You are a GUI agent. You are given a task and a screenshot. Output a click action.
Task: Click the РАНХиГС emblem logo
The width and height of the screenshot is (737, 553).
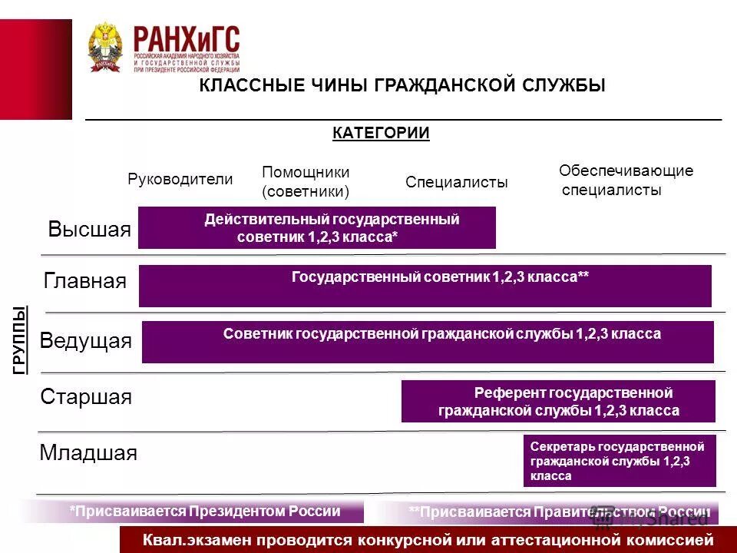pyautogui.click(x=105, y=47)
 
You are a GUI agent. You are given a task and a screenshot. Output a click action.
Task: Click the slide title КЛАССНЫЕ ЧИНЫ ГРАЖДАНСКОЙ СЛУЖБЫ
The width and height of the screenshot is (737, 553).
pyautogui.click(x=402, y=85)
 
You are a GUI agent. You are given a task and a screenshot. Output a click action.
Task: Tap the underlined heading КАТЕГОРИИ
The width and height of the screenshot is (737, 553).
pyautogui.click(x=381, y=133)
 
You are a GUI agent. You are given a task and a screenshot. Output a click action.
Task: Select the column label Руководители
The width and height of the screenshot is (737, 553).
pyautogui.click(x=180, y=179)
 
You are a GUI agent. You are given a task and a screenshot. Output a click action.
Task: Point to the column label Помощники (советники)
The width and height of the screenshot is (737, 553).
pyautogui.click(x=306, y=181)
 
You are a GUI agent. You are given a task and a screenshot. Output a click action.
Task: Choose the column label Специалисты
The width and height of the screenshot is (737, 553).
pyautogui.click(x=456, y=182)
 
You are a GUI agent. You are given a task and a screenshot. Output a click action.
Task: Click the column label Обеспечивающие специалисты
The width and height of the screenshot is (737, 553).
pyautogui.click(x=625, y=180)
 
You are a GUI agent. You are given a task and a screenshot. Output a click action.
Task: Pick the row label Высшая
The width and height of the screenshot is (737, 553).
pyautogui.click(x=89, y=230)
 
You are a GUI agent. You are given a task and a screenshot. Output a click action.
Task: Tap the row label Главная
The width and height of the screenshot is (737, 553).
pyautogui.click(x=85, y=281)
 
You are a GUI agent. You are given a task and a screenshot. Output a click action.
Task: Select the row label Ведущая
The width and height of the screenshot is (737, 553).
pyautogui.click(x=85, y=340)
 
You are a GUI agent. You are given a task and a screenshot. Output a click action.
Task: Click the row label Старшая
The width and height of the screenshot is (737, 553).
pyautogui.click(x=86, y=397)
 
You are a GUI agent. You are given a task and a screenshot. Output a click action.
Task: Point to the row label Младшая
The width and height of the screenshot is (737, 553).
pyautogui.click(x=88, y=453)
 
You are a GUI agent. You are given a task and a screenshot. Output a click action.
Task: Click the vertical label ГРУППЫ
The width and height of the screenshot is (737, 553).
pyautogui.click(x=20, y=339)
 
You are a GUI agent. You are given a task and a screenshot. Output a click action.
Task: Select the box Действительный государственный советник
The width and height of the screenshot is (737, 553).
pyautogui.click(x=316, y=228)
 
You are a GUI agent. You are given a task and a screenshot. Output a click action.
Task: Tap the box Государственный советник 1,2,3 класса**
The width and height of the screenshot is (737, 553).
pyautogui.click(x=425, y=286)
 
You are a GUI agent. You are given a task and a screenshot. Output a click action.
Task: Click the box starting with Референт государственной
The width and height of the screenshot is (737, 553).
pyautogui.click(x=558, y=402)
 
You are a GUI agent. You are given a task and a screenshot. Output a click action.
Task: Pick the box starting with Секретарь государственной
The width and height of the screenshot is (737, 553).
pyautogui.click(x=620, y=461)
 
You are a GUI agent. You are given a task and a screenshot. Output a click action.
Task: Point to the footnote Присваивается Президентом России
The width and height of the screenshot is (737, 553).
pyautogui.click(x=204, y=512)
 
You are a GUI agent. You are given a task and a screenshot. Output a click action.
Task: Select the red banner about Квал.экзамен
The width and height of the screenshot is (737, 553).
pyautogui.click(x=428, y=540)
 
